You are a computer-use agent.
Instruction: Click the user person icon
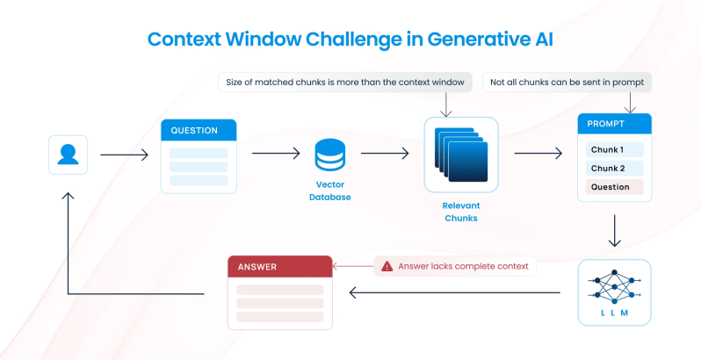coord(68,155)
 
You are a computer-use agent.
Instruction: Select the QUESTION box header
coord(199,130)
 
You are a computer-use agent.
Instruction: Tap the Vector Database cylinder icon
coord(330,155)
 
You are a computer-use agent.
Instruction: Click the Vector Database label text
coord(330,191)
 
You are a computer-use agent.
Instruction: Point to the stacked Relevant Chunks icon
coord(461,155)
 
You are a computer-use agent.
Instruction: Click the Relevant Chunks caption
coord(461,212)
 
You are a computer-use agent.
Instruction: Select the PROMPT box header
coord(614,124)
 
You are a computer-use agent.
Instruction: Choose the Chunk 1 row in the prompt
coord(614,149)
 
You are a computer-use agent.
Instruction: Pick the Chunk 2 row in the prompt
coord(614,169)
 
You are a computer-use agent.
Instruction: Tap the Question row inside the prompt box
coord(614,187)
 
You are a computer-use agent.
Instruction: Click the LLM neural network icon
coord(614,287)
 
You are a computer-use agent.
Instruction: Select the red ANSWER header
coord(280,267)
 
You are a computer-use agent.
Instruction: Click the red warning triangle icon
coord(387,266)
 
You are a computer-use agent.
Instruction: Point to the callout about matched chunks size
coord(345,83)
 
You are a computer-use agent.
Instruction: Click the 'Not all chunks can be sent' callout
coord(567,83)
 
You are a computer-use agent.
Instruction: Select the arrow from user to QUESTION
coord(124,155)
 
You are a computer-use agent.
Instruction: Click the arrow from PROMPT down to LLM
coord(615,231)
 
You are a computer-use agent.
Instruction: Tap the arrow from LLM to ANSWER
coord(455,293)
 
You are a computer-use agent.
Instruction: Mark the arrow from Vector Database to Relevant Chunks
coord(385,153)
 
